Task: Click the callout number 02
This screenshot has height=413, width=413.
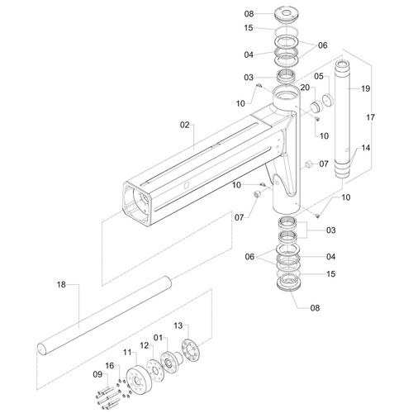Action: click(185, 125)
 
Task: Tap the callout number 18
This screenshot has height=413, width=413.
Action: click(61, 284)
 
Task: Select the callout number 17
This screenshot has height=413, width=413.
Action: click(371, 117)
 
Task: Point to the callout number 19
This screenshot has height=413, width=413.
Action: click(366, 88)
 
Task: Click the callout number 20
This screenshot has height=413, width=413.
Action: click(305, 88)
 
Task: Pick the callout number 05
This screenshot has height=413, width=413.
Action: click(319, 76)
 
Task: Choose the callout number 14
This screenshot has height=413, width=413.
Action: click(366, 148)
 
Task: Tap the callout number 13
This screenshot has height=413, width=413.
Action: click(178, 325)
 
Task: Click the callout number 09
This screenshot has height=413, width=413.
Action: click(97, 374)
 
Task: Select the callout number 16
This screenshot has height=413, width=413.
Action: click(110, 366)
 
